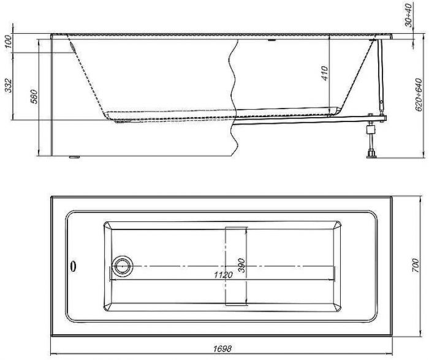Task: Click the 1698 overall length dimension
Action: click(222, 348)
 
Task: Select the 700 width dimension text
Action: click(416, 265)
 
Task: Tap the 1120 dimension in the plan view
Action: click(223, 275)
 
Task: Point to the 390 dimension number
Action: click(241, 265)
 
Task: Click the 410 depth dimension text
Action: click(324, 73)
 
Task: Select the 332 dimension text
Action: click(9, 85)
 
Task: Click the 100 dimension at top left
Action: click(9, 42)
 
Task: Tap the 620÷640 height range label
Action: click(419, 94)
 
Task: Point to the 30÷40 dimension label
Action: click(409, 15)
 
